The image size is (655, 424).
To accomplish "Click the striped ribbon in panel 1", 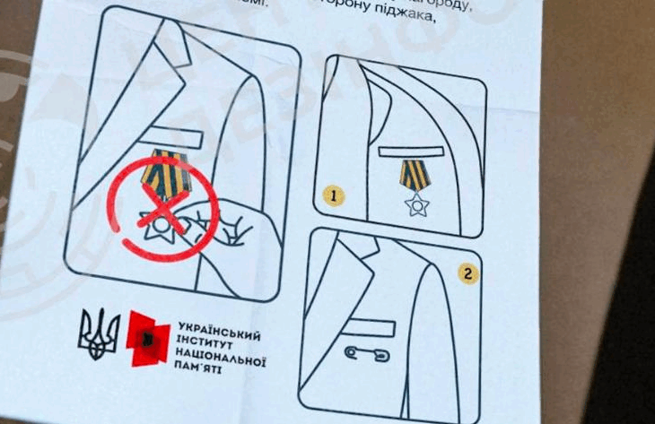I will coord(415,175).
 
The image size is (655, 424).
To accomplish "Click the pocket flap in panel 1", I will coord(412,151).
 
